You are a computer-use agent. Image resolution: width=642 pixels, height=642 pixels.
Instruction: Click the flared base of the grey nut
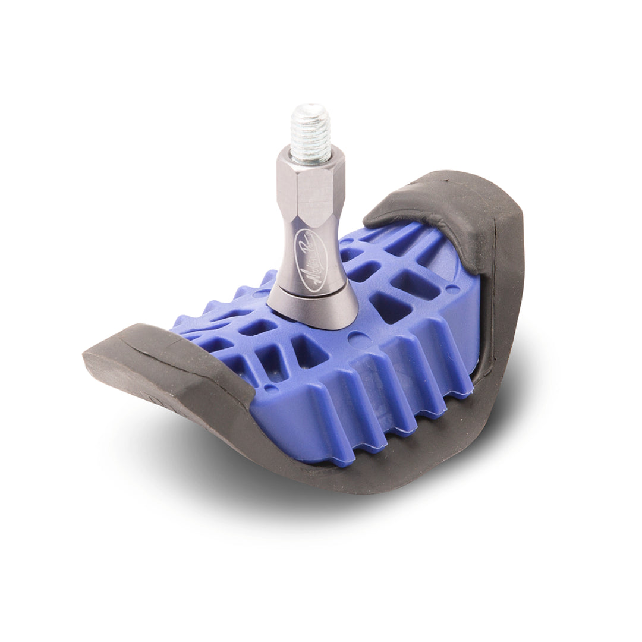tap(313, 309)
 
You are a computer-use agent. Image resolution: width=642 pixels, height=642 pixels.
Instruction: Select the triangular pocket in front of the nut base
tap(309, 351)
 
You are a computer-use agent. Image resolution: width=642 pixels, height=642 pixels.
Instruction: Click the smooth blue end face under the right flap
tap(469, 333)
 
